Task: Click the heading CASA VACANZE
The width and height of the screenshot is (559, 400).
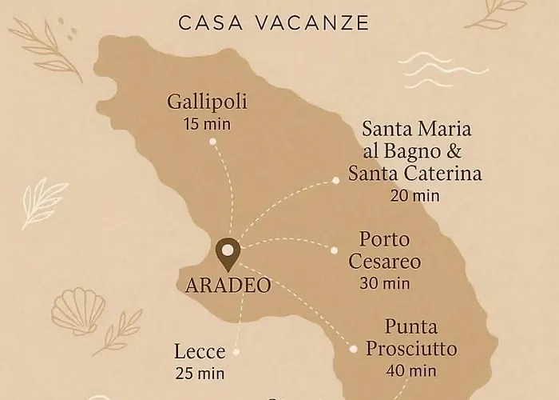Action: [x=274, y=22]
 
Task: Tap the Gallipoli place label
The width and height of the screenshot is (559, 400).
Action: [x=207, y=102]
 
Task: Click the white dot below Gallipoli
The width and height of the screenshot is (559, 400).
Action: [x=212, y=142]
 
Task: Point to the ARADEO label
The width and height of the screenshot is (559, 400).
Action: [x=228, y=285]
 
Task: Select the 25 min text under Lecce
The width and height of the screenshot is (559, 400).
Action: [x=200, y=372]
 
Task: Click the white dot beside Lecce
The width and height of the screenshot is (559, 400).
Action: [x=236, y=350]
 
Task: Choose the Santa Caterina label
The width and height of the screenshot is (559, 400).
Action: [x=414, y=173]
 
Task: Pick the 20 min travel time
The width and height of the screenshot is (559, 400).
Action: [x=414, y=194]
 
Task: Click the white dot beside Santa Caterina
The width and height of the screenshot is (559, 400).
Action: [x=335, y=181]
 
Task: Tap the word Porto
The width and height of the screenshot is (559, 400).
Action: [x=384, y=239]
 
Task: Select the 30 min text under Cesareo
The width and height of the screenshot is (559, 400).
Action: [x=384, y=282]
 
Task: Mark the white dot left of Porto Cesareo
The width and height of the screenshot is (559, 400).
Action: [x=335, y=250]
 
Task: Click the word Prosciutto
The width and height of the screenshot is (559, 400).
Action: [x=410, y=349]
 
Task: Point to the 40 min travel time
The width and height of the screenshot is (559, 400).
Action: [x=410, y=370]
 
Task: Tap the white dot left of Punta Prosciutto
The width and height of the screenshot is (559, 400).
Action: [x=353, y=348]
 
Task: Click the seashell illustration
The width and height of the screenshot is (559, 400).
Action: [x=78, y=311]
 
